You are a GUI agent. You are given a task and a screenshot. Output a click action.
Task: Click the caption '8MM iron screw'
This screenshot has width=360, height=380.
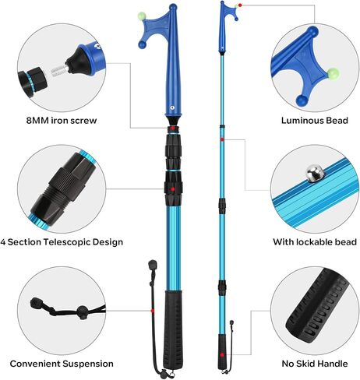pyautogui.click(x=62, y=121)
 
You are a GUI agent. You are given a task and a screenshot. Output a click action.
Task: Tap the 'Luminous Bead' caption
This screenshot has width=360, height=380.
pyautogui.click(x=315, y=121)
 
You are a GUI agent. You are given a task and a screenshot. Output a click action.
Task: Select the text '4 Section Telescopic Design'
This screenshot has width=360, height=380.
pyautogui.click(x=62, y=242)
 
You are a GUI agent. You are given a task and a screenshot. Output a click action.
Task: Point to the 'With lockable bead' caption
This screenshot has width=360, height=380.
pyautogui.click(x=315, y=242)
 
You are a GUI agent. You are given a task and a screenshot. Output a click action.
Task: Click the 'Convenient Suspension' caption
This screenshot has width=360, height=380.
pyautogui.click(x=62, y=364)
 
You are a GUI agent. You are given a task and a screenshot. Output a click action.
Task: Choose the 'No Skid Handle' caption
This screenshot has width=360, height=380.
pyautogui.click(x=315, y=364)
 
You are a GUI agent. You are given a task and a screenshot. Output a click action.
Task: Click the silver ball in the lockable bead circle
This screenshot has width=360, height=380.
pyautogui.click(x=315, y=174)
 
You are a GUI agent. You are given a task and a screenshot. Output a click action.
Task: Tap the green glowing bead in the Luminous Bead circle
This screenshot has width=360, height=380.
pyautogui.click(x=334, y=73)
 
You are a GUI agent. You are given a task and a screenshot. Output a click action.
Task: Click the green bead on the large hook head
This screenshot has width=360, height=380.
pyautogui.click(x=141, y=16)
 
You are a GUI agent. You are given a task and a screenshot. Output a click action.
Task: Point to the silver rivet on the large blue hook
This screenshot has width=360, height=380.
pyautogui.click(x=171, y=107)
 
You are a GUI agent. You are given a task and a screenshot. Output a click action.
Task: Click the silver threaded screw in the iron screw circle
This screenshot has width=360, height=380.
pyautogui.click(x=58, y=70)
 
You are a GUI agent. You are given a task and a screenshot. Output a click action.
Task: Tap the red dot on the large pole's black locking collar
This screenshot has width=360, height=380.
pyautogui.click(x=173, y=189)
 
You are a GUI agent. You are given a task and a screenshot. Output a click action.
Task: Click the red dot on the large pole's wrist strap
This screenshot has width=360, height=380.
pyautogui.click(x=153, y=311)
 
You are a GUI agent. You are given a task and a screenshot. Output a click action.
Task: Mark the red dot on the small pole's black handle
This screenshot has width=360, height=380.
pyautogui.click(x=221, y=354)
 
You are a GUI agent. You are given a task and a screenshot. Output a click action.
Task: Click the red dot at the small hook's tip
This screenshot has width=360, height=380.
pyautogui.click(x=240, y=5)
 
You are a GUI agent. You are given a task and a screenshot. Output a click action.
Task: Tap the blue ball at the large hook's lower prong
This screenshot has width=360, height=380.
pyautogui.click(x=142, y=44)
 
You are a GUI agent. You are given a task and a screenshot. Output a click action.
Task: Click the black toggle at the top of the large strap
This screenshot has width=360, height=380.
pyautogui.click(x=153, y=265)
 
